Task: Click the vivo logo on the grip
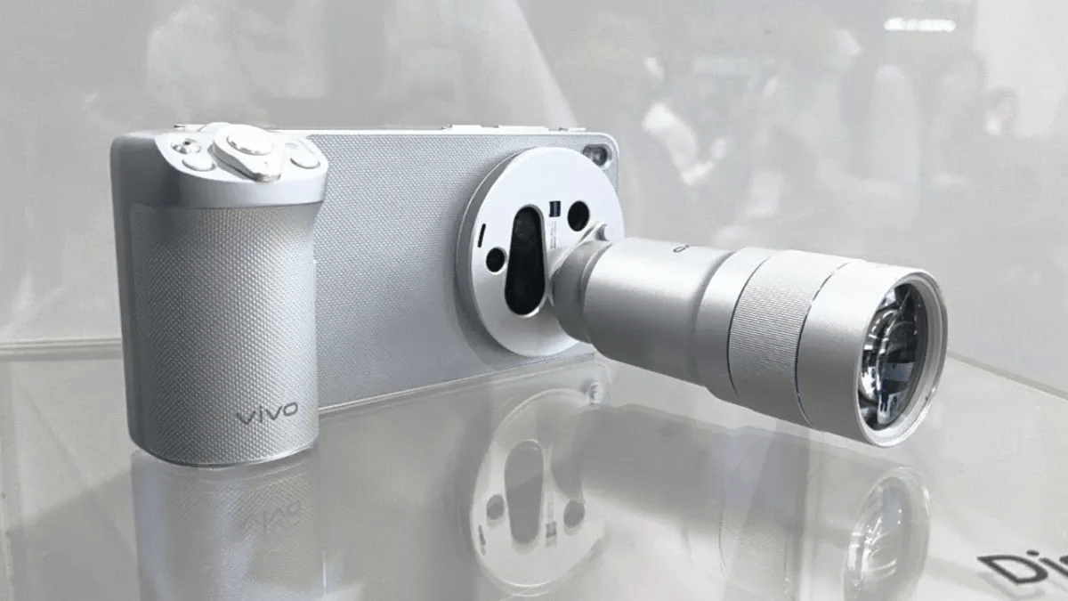pos(267,414)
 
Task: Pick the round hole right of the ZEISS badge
pos(578,215)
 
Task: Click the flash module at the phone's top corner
pos(598,156)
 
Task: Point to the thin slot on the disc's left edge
pos(481,233)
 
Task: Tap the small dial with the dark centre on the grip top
pos(185,148)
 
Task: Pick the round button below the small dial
pos(198,164)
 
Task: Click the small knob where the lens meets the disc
pos(599,233)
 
